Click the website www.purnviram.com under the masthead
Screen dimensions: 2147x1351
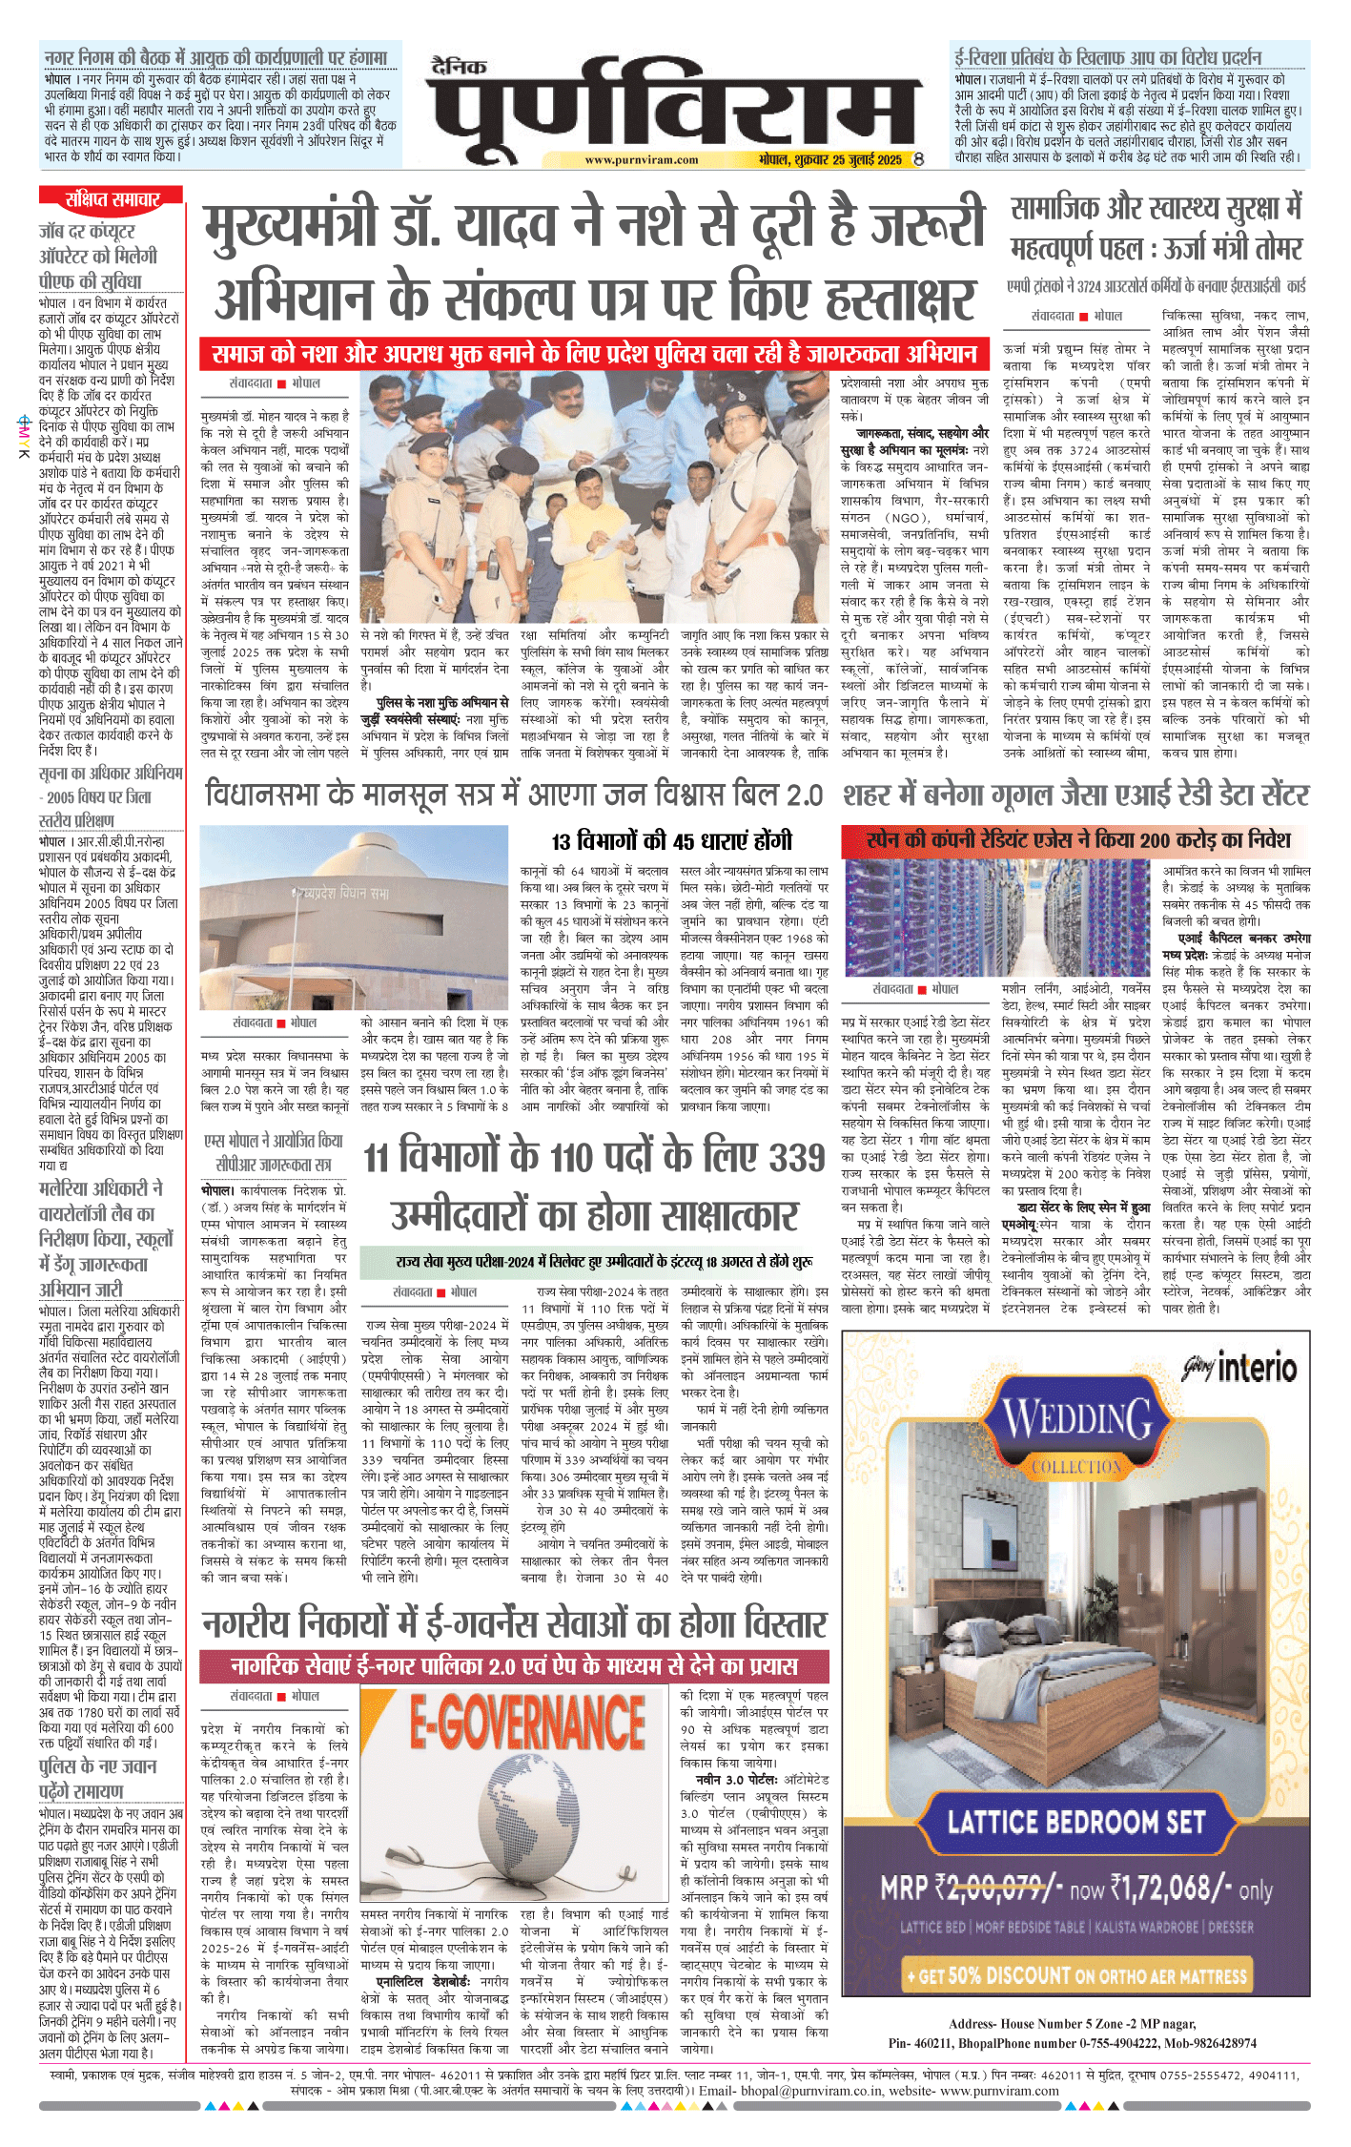coord(641,160)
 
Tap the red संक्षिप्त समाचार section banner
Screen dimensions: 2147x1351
coord(112,198)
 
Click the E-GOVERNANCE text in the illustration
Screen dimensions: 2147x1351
coord(527,1724)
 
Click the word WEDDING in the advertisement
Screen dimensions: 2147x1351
coord(1076,1420)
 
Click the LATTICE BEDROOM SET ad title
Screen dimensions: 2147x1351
coord(1075,1821)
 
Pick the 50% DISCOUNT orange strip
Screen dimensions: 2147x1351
coord(1076,1973)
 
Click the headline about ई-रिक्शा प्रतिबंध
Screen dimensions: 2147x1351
coord(1108,57)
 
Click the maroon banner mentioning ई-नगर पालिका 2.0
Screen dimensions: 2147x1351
coord(514,1666)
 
